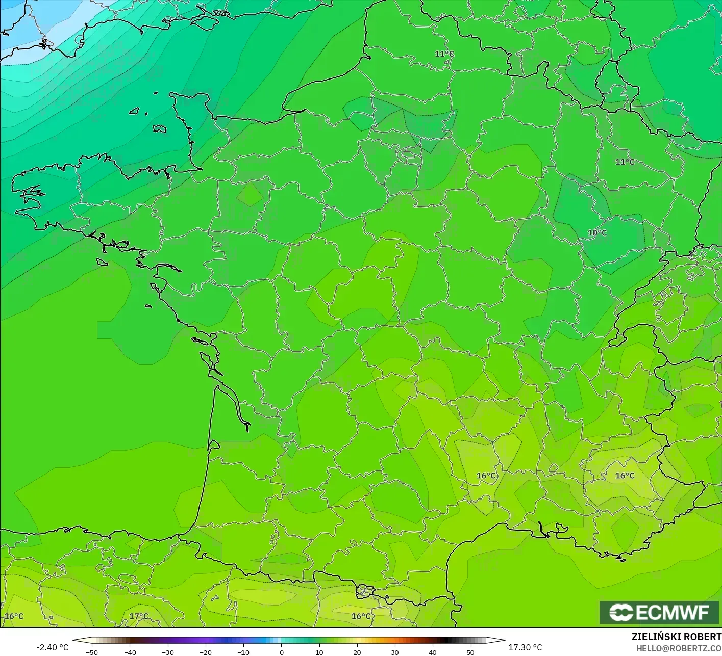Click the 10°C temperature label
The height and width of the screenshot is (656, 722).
[x=597, y=233]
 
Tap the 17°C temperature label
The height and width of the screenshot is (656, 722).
[x=138, y=616]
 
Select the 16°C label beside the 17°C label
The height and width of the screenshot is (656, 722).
[x=14, y=616]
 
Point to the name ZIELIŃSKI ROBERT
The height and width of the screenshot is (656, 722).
[x=676, y=637]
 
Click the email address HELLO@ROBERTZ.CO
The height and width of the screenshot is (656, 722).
[x=679, y=648]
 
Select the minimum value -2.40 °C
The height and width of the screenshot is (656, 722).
[x=52, y=647]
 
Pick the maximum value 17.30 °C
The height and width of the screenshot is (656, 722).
[x=525, y=647]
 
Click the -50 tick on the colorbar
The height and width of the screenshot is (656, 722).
[x=91, y=652]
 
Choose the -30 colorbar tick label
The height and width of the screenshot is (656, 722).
[x=167, y=652]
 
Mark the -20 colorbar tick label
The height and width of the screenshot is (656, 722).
[x=205, y=652]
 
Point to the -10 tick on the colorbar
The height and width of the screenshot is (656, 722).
[x=243, y=652]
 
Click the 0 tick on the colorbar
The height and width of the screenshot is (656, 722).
[x=281, y=652]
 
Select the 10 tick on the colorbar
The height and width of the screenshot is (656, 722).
[x=319, y=652]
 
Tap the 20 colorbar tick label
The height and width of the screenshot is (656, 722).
[x=357, y=652]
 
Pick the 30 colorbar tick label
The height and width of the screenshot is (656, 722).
[x=394, y=652]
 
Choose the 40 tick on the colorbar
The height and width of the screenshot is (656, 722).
[x=432, y=652]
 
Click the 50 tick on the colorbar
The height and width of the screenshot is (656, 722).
[x=470, y=652]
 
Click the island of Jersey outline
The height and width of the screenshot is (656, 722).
[x=160, y=129]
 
